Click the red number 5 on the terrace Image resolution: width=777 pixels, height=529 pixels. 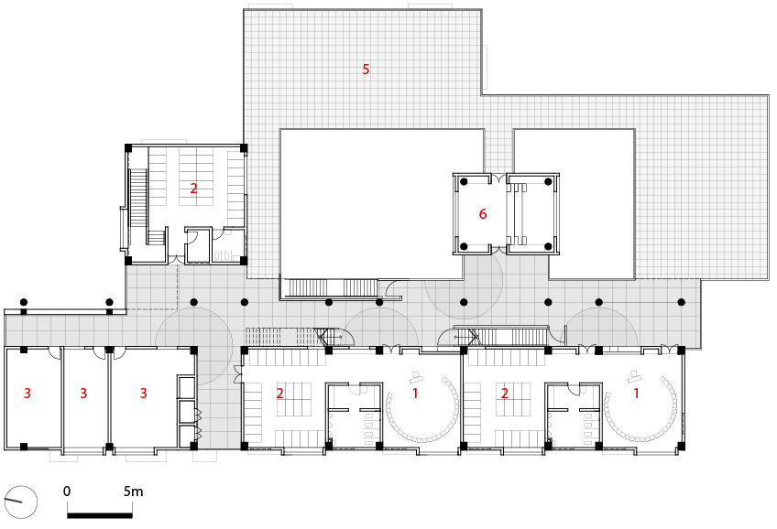366,69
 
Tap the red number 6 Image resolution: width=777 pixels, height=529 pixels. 483,214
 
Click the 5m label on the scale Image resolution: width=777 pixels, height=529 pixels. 133,491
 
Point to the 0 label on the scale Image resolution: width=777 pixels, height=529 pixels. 67,491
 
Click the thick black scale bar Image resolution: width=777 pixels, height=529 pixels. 100,515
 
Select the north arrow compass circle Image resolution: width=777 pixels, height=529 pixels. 20,502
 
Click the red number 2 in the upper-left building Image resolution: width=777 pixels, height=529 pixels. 193,188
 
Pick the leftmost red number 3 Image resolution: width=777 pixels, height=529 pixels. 27,393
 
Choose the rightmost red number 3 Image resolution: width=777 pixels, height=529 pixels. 143,393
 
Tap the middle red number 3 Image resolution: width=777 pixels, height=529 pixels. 83,393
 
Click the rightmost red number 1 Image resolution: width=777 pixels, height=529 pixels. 636,393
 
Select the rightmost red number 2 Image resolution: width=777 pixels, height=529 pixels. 505,393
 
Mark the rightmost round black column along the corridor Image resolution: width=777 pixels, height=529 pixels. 682,302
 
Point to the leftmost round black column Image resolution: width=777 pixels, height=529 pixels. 23,302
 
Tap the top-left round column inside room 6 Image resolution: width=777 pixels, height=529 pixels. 464,181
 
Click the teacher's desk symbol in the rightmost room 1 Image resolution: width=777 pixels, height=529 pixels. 634,375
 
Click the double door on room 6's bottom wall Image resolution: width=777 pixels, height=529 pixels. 498,250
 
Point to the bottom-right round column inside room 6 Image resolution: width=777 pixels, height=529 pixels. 548,246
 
